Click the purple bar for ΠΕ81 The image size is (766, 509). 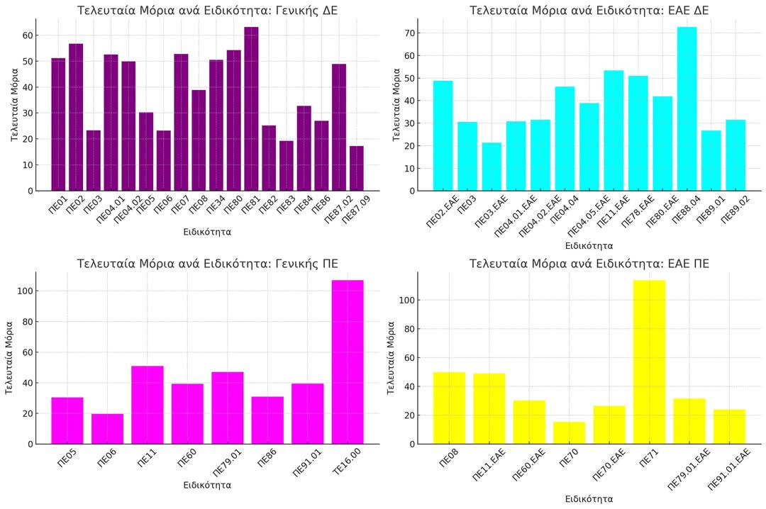pos(251,109)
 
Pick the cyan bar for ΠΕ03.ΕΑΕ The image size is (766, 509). pos(492,167)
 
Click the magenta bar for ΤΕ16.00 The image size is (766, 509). pos(348,362)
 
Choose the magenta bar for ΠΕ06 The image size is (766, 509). pos(107,429)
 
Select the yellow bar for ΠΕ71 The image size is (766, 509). pos(649,362)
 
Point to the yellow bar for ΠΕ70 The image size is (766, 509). pos(569,432)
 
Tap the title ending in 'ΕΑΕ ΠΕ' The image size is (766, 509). pos(589,264)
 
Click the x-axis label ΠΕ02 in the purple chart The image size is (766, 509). pos(74,206)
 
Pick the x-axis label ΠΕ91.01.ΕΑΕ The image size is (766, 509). pos(729,470)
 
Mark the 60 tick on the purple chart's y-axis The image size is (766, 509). pos(27,35)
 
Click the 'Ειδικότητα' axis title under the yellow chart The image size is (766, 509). pos(589,498)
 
